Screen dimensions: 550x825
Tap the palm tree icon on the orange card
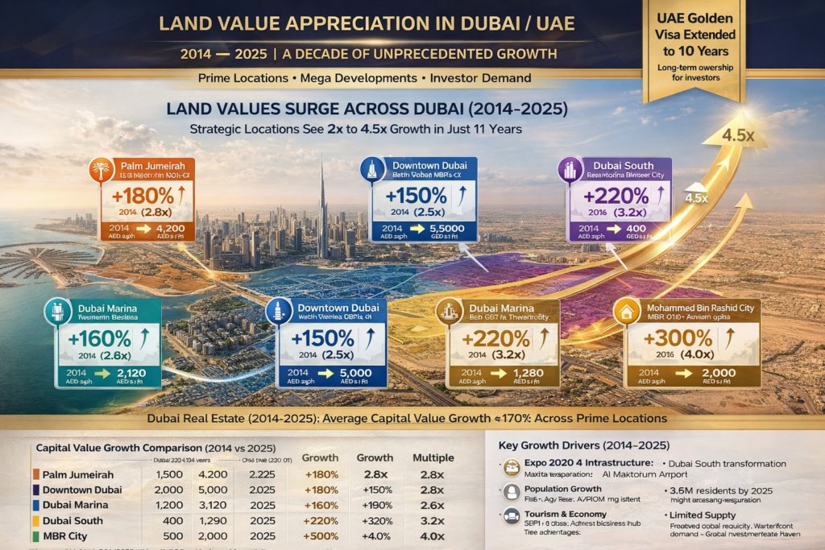pos(99,170)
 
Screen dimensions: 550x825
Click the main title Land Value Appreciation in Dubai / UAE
pos(367,23)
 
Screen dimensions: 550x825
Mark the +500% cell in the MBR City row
pos(320,536)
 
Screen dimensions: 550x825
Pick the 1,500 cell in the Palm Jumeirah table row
pos(169,474)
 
